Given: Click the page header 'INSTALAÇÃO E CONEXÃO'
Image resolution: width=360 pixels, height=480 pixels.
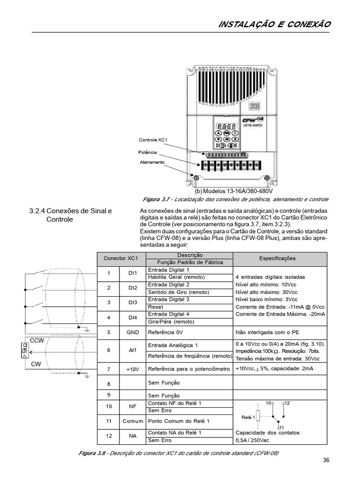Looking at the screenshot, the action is click(275, 24).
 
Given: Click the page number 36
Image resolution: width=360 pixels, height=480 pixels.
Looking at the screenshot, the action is click(326, 460).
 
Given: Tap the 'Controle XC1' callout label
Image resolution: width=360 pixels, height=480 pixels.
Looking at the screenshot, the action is click(153, 140).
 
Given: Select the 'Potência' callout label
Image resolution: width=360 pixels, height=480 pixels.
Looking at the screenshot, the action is click(147, 153).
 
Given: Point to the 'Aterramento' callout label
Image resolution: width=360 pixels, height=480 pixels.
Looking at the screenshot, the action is click(152, 162).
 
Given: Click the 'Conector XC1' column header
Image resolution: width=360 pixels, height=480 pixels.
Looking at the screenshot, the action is click(121, 258).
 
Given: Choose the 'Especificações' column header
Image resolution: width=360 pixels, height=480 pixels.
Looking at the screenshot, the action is click(277, 258).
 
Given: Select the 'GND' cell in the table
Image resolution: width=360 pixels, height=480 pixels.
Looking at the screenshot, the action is click(132, 332).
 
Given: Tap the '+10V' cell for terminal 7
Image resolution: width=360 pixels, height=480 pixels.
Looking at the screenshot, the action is click(133, 369).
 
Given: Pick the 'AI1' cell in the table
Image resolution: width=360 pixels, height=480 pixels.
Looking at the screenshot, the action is click(132, 350).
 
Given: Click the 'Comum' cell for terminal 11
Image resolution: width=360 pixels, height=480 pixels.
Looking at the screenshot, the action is click(133, 421).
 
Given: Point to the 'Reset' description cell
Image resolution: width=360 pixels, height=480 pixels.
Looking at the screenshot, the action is click(156, 307).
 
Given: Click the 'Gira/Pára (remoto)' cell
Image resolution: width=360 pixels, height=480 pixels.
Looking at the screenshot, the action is click(171, 322).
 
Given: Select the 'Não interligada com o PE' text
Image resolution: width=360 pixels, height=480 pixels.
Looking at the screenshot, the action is click(266, 332).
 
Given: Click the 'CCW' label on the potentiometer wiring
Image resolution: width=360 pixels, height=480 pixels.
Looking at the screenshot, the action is click(37, 341).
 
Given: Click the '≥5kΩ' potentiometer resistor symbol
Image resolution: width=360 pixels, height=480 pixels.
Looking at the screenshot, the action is click(24, 351).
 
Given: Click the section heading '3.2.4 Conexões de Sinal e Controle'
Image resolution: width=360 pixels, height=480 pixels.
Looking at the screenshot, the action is click(71, 215).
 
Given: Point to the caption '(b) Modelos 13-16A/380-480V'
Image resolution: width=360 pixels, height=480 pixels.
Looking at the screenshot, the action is click(233, 191).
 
